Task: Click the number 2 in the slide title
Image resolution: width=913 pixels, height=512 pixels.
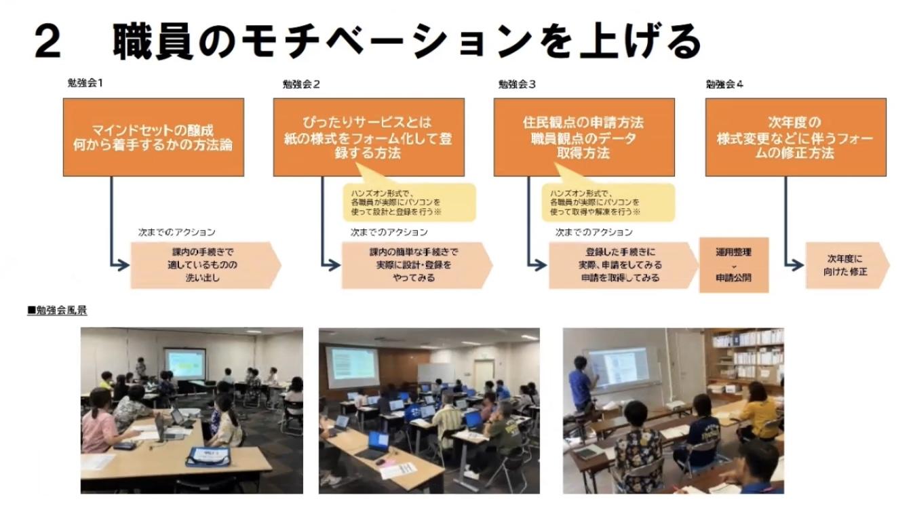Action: [x=48, y=42]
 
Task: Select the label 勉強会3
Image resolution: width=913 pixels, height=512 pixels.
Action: [x=517, y=84]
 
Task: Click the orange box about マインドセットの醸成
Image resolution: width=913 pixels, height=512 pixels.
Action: [x=153, y=137]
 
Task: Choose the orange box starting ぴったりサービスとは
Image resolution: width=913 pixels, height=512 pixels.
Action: [x=368, y=137]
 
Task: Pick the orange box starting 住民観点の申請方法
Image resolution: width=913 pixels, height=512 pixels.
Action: [x=583, y=137]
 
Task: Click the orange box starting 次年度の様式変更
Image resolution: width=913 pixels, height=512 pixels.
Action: [x=795, y=137]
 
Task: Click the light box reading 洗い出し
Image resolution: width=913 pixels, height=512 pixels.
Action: [x=203, y=265]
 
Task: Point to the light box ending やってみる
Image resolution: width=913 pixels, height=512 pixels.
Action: [x=414, y=265]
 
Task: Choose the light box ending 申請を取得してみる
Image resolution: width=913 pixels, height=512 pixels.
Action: [x=621, y=265]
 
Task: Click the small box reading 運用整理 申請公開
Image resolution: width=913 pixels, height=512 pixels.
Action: [x=733, y=264]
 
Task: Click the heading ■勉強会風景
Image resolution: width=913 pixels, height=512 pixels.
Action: [x=57, y=311]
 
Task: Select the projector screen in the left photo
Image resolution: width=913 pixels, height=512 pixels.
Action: [x=184, y=363]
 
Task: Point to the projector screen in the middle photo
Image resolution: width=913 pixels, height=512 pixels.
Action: [x=351, y=367]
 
